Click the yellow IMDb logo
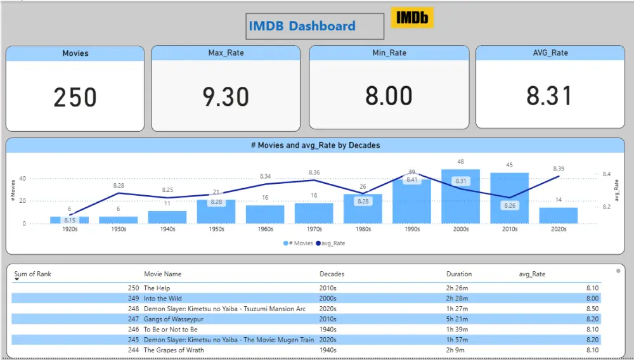click(411, 18)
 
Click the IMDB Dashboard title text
click(302, 27)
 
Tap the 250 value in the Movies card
click(75, 98)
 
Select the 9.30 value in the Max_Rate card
click(226, 97)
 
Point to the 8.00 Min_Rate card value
click(389, 96)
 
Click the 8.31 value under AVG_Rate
click(549, 96)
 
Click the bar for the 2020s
click(558, 215)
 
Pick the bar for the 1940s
click(167, 217)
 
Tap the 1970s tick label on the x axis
click(314, 229)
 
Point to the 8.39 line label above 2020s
click(559, 169)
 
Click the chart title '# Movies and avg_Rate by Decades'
click(315, 145)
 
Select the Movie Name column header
click(162, 274)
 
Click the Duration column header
click(458, 274)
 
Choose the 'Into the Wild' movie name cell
click(162, 299)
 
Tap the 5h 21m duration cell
click(457, 319)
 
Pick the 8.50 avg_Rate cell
click(592, 309)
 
